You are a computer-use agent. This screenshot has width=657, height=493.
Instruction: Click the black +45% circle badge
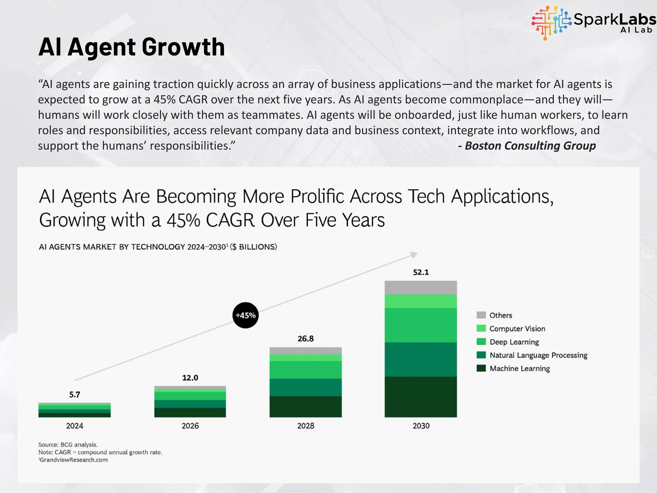pos(245,315)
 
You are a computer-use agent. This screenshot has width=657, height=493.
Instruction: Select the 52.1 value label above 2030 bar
pos(421,272)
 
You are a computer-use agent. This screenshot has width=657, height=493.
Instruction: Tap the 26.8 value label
pos(305,339)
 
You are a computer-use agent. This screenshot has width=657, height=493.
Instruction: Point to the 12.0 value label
pos(190,378)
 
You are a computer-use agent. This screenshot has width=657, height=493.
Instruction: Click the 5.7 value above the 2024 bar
pos(74,394)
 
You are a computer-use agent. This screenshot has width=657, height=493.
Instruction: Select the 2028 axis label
pos(305,426)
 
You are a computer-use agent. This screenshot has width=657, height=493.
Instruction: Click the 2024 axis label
pos(74,426)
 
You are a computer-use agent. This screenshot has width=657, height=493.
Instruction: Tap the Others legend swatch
pos(481,315)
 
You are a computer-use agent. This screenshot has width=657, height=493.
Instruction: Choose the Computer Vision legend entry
pos(517,329)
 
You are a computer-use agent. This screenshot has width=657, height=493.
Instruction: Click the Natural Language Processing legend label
pos(538,355)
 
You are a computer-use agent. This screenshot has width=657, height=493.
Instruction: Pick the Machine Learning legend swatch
pos(481,368)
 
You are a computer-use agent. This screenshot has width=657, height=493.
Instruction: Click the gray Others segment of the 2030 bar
pos(421,288)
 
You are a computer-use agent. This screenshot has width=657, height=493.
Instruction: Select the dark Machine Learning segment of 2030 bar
pos(421,397)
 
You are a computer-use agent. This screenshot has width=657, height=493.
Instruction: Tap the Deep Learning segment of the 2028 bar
pos(305,370)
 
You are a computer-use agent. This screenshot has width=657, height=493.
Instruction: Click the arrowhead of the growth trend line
pos(414,255)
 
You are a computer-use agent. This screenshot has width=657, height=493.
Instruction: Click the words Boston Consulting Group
pos(530,146)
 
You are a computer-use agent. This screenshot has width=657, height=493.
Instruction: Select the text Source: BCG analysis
pos(68,445)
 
